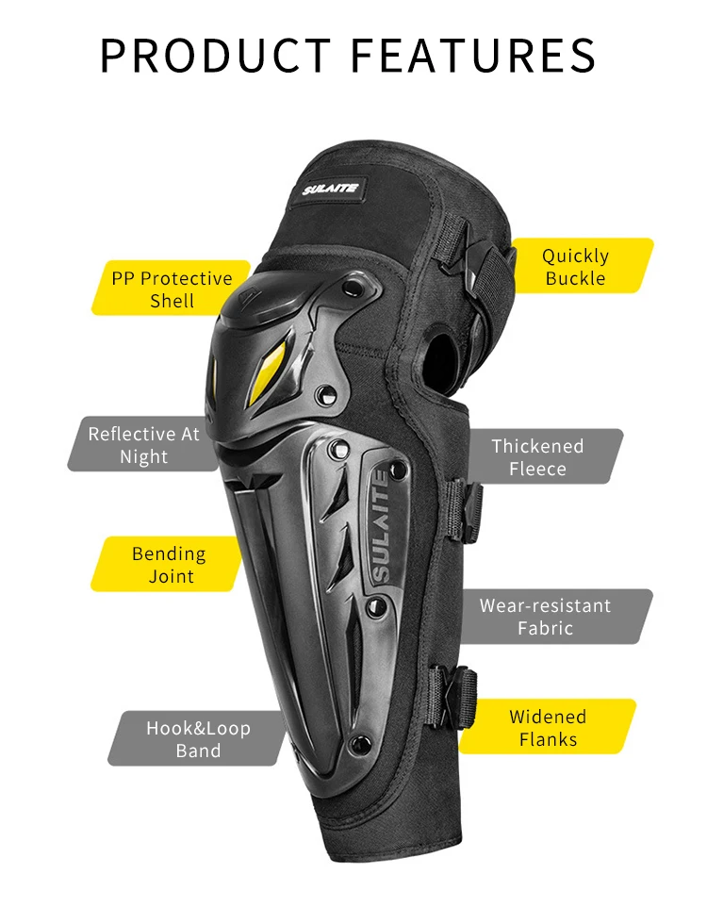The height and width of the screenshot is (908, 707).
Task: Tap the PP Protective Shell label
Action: point(172,289)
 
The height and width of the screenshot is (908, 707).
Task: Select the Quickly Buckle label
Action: point(576,267)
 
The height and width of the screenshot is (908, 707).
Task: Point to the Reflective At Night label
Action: point(144,445)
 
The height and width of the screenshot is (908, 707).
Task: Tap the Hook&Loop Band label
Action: point(198,739)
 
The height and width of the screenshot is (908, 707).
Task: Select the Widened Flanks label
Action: point(548,728)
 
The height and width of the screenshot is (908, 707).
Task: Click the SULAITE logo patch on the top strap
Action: point(331,189)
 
